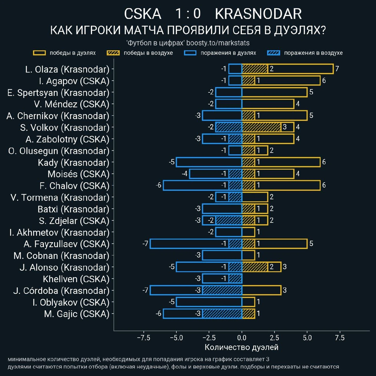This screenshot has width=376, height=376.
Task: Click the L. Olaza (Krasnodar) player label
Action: click(67, 69)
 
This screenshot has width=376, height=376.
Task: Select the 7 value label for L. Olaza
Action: click(337, 69)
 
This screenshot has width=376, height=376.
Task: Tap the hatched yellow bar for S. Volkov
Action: click(261, 127)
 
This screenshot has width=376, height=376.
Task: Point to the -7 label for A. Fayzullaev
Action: click(146, 244)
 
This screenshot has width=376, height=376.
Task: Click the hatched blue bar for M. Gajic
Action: click(222, 314)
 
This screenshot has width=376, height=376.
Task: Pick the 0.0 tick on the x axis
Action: click(242, 338)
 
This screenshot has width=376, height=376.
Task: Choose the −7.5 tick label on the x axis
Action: click(143, 338)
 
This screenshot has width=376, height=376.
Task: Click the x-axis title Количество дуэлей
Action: click(241, 347)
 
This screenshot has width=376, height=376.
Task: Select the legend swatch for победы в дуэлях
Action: click(39, 53)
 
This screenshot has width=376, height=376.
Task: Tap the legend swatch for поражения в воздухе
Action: click(274, 53)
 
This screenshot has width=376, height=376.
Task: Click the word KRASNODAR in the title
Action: click(258, 14)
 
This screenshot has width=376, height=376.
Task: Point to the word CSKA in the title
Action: click(143, 14)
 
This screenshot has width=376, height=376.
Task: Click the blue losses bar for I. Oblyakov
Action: click(209, 302)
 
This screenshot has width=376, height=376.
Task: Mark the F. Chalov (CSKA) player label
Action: click(74, 186)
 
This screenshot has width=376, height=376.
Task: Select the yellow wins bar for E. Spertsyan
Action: click(275, 92)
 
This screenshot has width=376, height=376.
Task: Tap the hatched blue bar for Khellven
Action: click(235, 279)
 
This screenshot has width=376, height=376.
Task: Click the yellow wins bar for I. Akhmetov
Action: click(248, 232)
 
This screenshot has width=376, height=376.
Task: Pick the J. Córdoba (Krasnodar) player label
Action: click(61, 290)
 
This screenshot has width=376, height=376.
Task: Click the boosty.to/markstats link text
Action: click(218, 43)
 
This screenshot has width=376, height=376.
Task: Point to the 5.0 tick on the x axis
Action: click(307, 338)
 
